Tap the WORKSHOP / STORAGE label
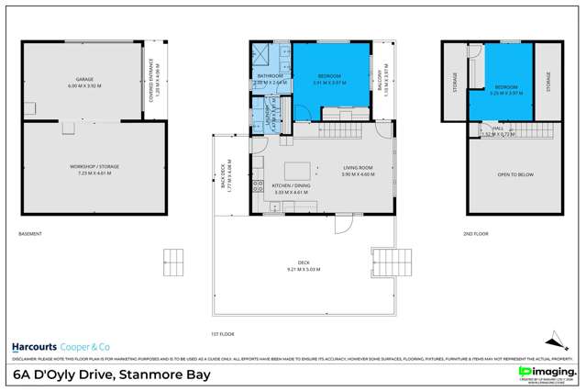95,166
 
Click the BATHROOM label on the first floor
271,77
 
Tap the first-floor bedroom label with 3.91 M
331,77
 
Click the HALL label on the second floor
498,129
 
